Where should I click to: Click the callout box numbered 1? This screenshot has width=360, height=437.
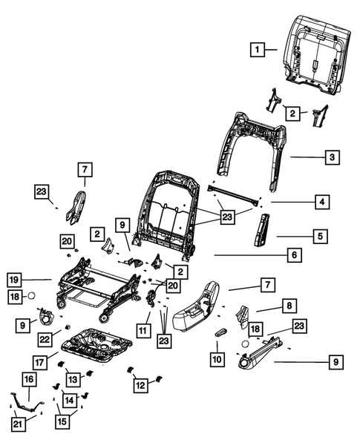pos(256,50)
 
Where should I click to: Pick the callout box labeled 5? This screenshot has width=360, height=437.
pos(320,237)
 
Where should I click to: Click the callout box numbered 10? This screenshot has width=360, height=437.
pos(217,358)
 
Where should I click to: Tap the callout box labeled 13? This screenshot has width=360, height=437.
pos(73,379)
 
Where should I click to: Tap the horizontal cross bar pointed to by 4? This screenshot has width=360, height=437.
pos(236,194)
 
